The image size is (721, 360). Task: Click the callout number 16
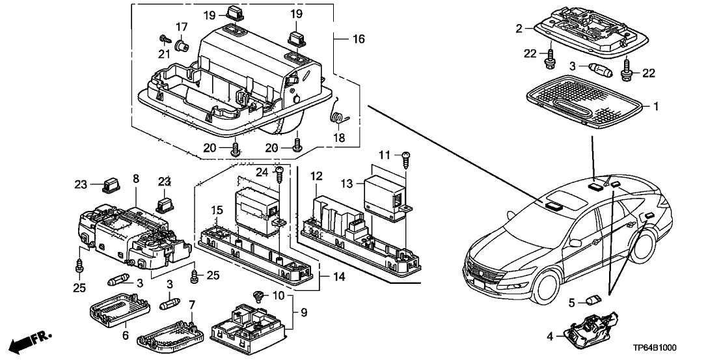(359, 39)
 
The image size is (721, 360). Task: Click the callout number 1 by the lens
(656, 105)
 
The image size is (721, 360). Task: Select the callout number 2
(519, 28)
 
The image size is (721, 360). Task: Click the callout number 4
(549, 336)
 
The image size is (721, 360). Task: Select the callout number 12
(316, 176)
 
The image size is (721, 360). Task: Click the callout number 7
(192, 305)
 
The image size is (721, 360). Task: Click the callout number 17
(181, 28)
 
